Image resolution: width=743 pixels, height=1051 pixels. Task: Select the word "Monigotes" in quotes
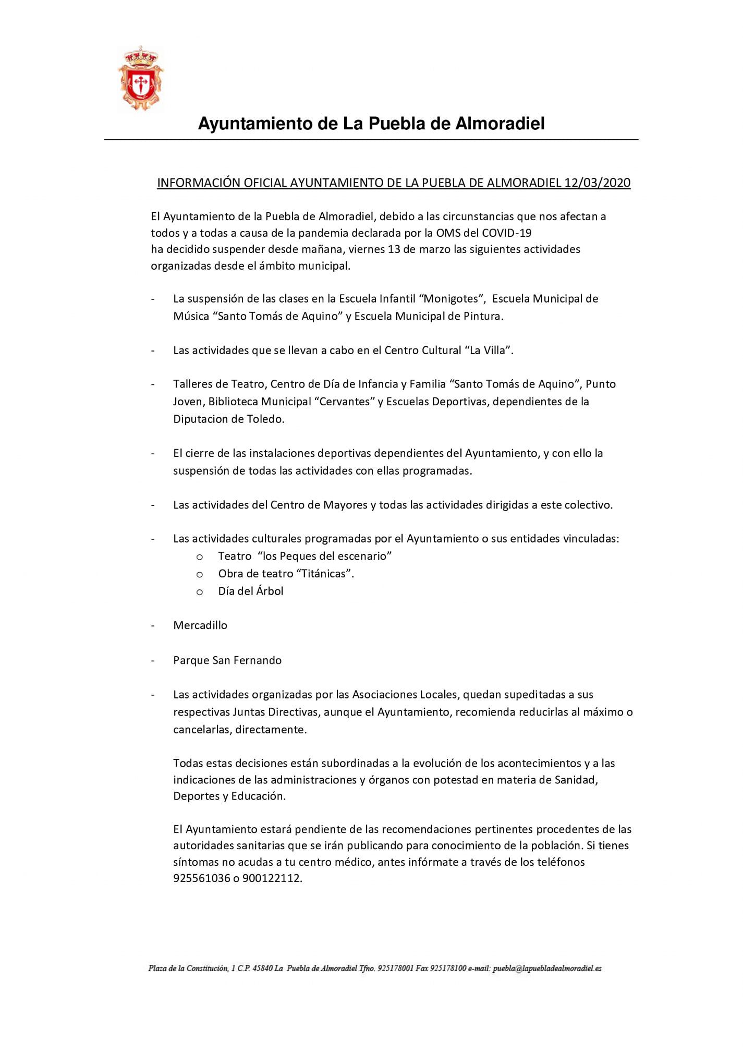[452, 299]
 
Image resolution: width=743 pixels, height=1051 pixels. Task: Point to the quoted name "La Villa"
[488, 351]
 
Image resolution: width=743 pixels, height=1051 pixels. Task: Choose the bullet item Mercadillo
[200, 625]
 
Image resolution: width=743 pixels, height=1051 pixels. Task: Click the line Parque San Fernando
[227, 660]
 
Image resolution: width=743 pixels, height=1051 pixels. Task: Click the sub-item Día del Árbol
[251, 591]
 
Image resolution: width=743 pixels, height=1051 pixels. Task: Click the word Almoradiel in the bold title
[500, 124]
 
